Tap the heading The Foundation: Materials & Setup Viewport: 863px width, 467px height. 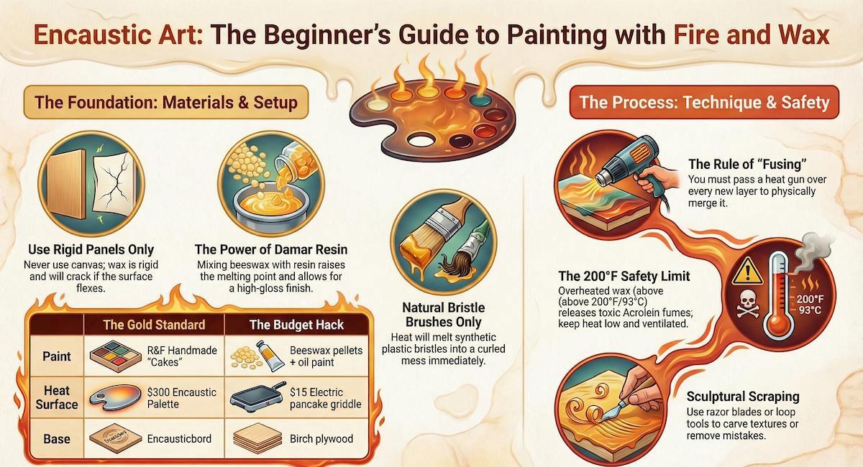[166, 103]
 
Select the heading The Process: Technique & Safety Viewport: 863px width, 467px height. [704, 103]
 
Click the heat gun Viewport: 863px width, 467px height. [629, 161]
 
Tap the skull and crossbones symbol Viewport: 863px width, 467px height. [748, 304]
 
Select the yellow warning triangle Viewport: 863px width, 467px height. [747, 271]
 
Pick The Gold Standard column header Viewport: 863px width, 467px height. [154, 325]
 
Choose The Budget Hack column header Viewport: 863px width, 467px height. [296, 325]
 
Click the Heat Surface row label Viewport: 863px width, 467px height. [57, 398]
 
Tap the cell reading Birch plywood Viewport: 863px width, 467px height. [321, 439]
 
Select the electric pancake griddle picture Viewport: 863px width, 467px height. [257, 397]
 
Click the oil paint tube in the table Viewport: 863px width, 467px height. [270, 356]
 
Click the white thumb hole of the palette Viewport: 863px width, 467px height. [420, 140]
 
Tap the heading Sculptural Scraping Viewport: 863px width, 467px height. [743, 397]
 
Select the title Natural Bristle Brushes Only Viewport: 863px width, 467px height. [444, 315]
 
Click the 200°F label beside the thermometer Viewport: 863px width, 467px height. [811, 299]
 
